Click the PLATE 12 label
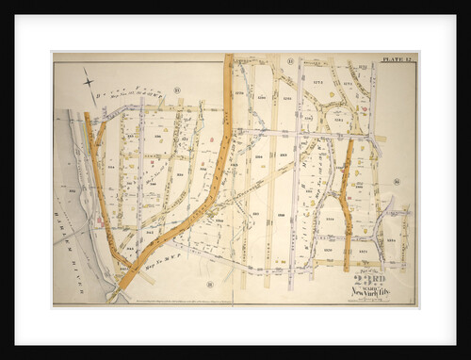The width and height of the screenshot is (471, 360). [396, 60]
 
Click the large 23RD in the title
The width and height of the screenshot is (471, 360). [369, 279]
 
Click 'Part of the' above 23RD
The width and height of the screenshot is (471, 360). [370, 270]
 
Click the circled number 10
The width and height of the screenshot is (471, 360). [176, 90]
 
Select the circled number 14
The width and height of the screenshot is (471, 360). [397, 181]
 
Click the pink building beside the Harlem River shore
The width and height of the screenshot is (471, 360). [99, 222]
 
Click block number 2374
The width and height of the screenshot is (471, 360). [347, 85]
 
